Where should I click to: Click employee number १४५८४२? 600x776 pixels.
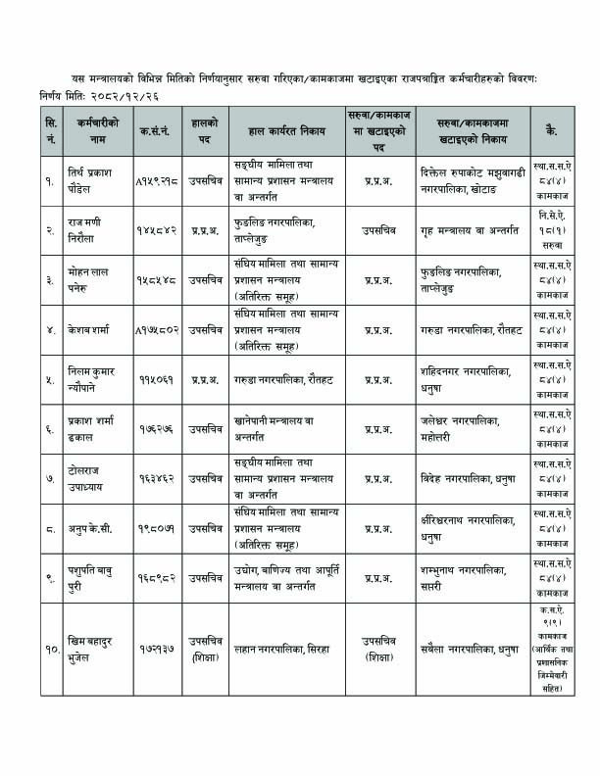pos(157,226)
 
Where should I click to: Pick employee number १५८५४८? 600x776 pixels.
pos(157,278)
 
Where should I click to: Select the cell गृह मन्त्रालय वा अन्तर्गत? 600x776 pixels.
pos(468,226)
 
